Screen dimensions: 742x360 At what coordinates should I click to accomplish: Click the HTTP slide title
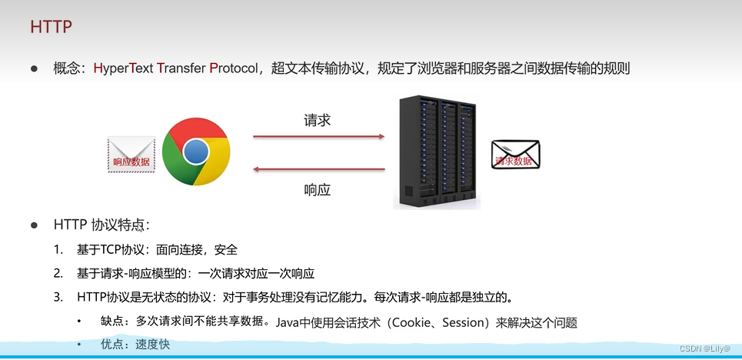[52, 27]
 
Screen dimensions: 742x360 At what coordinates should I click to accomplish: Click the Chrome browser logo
[196, 151]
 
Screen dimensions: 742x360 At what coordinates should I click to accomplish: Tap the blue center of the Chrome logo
[196, 152]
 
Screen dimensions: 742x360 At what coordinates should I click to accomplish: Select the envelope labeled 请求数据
[516, 155]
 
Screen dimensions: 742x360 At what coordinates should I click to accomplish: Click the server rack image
[436, 153]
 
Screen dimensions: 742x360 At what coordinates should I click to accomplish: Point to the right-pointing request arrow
[318, 137]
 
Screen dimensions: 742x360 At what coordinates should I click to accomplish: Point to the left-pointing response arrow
[318, 170]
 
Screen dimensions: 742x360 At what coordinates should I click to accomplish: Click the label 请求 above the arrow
[318, 121]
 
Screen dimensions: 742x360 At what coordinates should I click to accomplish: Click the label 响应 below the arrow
[318, 189]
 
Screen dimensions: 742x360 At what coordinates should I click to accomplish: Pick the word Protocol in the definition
[236, 68]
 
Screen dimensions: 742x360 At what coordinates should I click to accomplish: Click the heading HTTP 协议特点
[101, 225]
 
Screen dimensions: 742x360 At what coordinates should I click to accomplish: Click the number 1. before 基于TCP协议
[58, 250]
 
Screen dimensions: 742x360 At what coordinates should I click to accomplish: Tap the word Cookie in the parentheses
[415, 322]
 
